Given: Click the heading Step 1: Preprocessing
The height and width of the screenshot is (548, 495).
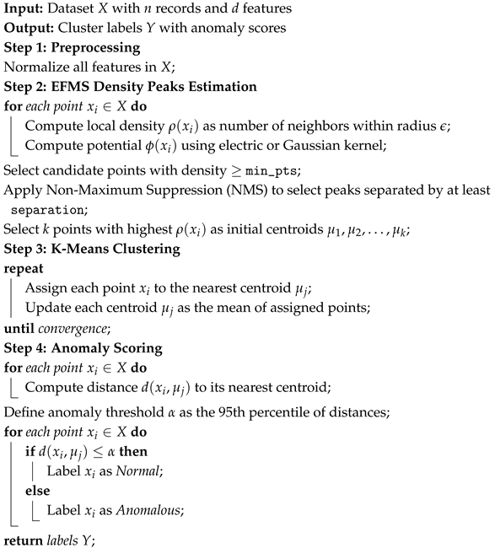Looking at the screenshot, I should click(68, 46).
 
